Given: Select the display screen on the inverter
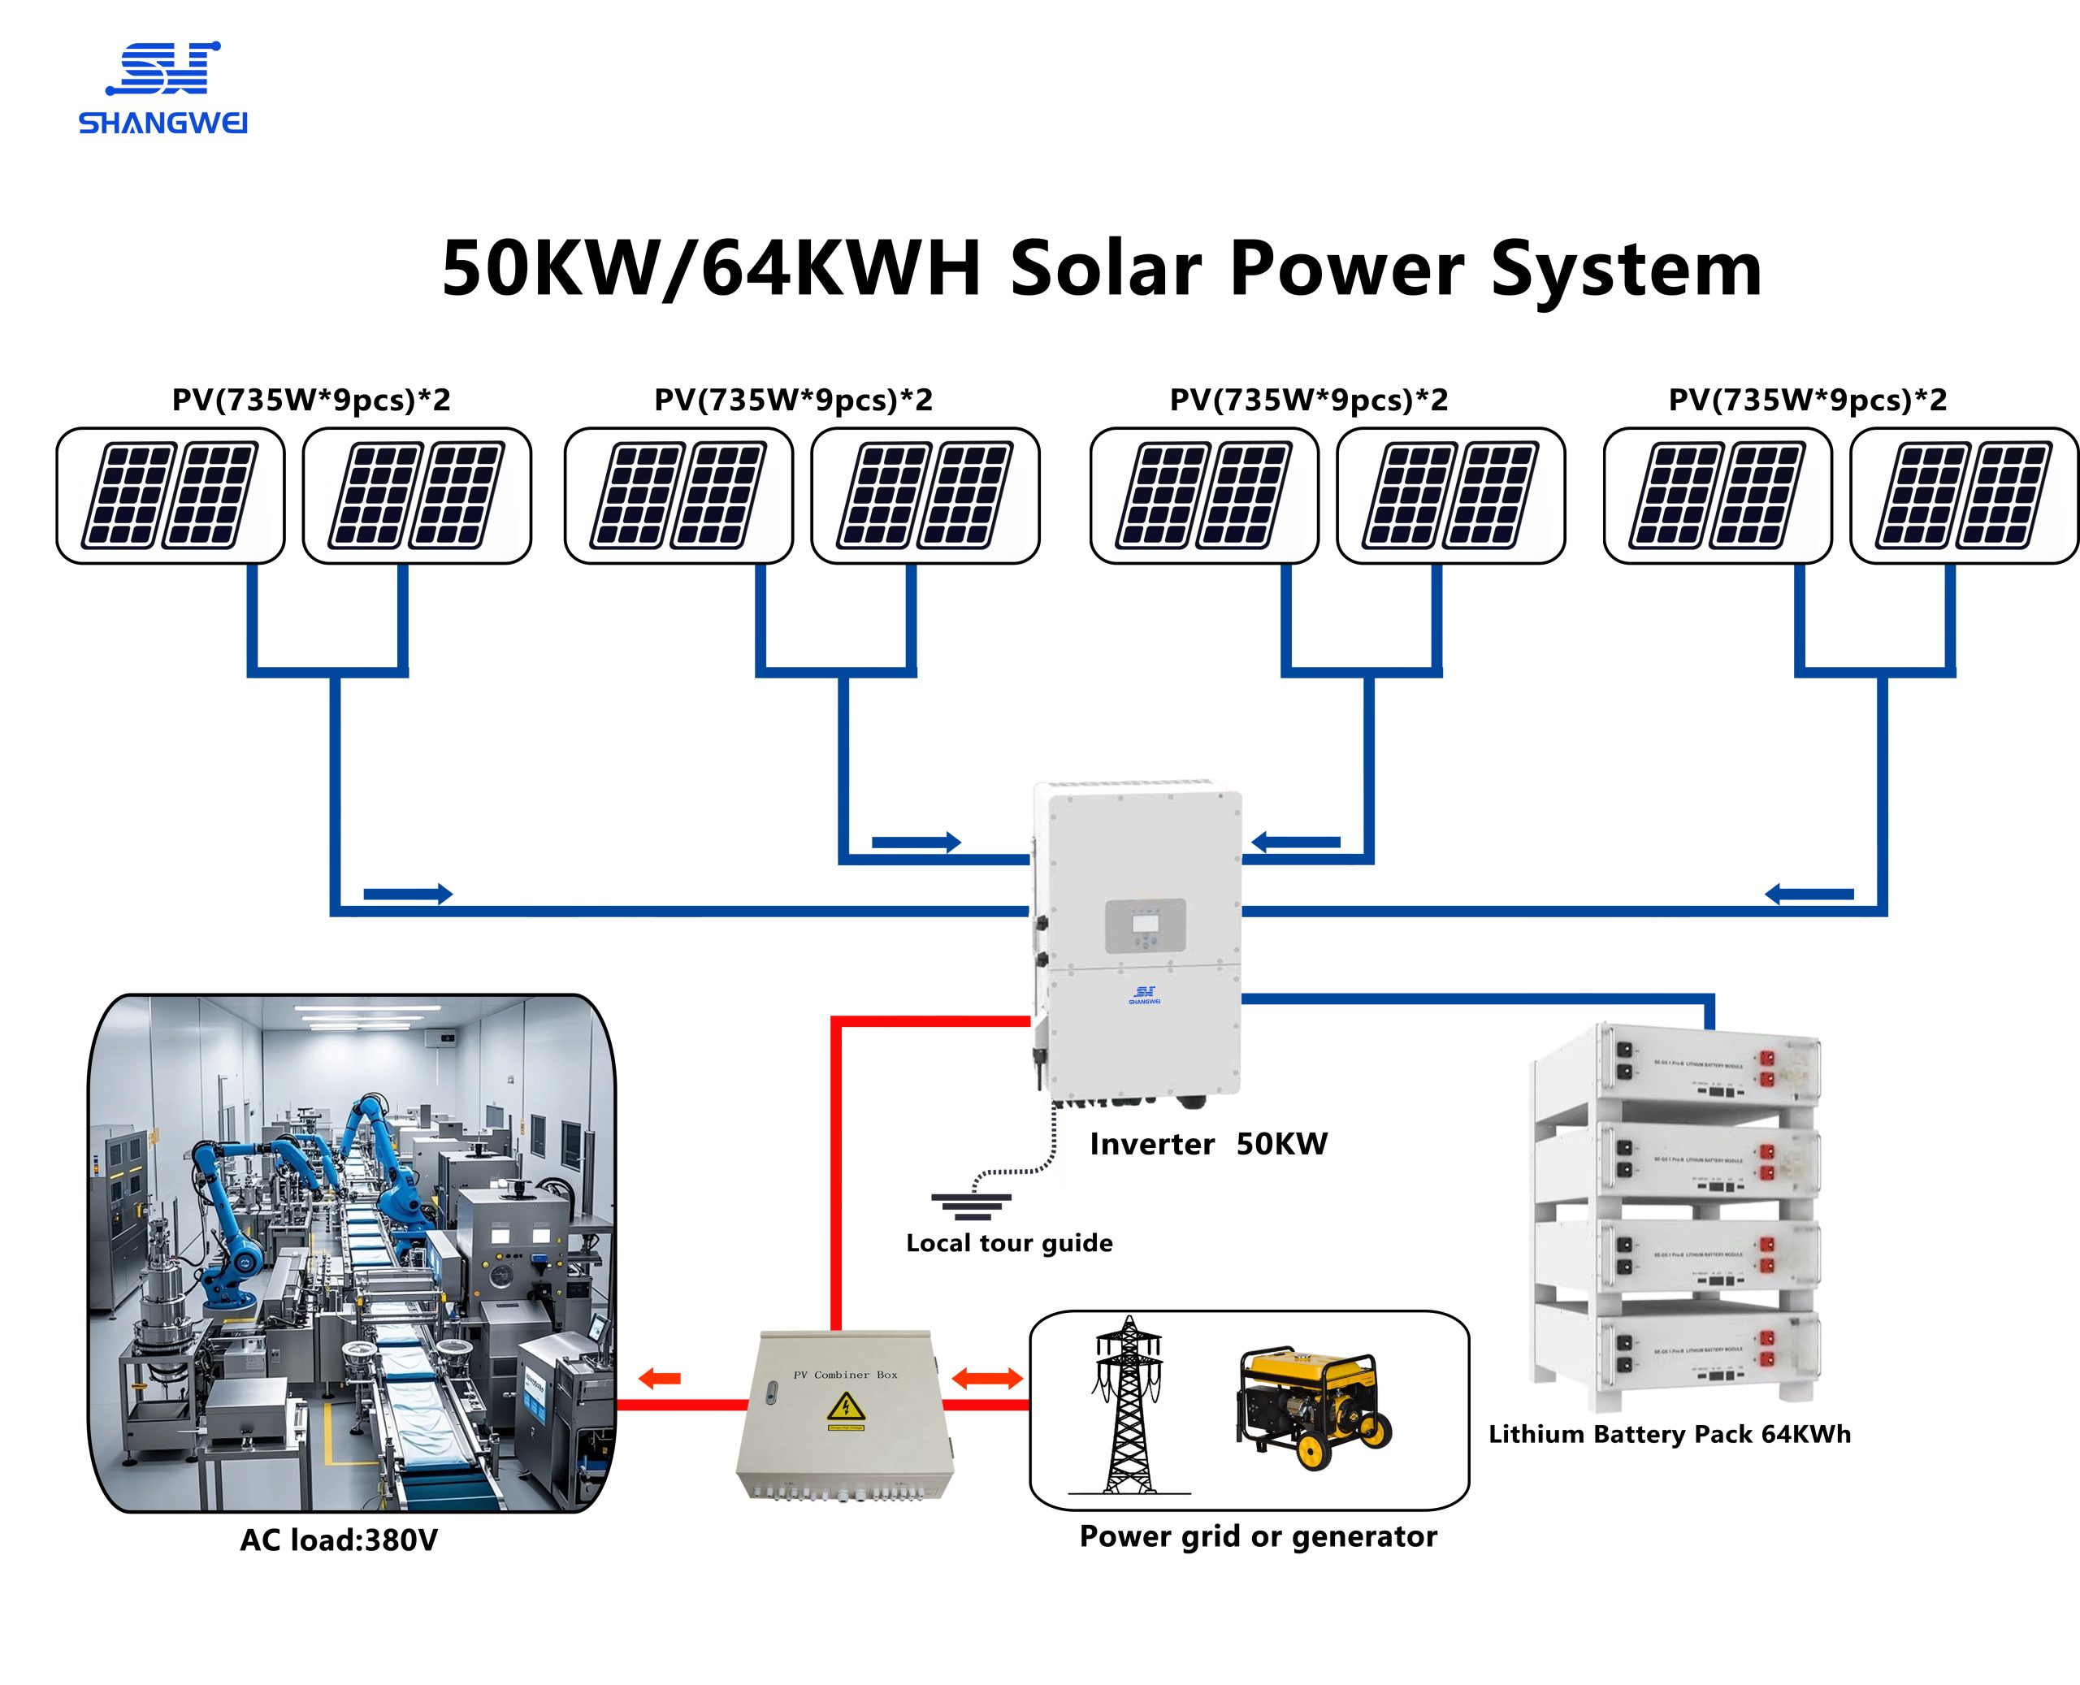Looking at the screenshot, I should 1146,925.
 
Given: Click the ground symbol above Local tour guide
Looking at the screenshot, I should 971,1206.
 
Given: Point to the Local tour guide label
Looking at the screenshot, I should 1008,1243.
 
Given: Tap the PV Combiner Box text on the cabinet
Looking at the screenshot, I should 845,1375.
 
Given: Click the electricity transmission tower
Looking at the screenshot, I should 1128,1405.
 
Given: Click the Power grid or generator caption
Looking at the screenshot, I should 1258,1536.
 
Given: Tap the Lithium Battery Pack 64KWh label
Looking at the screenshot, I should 1670,1435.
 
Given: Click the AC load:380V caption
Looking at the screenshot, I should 339,1540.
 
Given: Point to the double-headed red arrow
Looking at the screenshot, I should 987,1377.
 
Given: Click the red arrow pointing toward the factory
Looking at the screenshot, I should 660,1378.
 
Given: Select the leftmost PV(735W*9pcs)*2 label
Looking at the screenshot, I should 310,400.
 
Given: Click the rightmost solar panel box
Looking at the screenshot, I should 1964,496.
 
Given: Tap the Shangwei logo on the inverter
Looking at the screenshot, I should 1144,995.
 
